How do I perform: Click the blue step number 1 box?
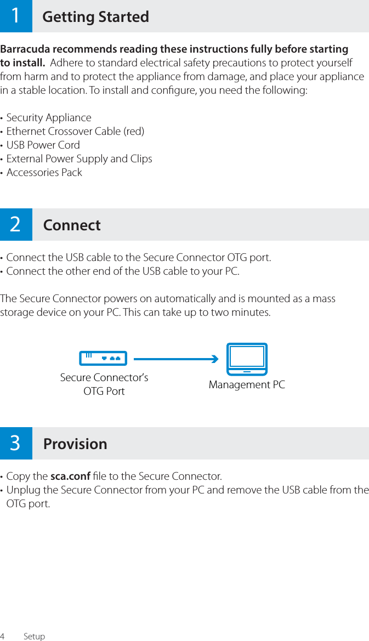click(x=16, y=16)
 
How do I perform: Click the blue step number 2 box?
click(x=16, y=224)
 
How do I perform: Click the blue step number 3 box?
click(x=16, y=443)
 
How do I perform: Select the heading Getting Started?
click(x=95, y=17)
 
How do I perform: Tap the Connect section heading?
click(x=72, y=225)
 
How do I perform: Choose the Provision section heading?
click(x=75, y=444)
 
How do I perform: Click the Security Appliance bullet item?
click(x=49, y=118)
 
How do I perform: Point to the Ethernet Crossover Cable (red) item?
click(x=75, y=132)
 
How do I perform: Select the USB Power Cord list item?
click(x=43, y=145)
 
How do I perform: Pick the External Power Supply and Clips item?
click(x=79, y=159)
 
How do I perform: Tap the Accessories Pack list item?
click(x=44, y=173)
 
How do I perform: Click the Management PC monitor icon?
click(x=247, y=359)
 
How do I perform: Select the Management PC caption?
click(x=247, y=385)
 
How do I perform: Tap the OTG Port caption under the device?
click(x=104, y=392)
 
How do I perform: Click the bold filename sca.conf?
click(x=70, y=475)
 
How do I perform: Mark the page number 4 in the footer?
click(x=3, y=636)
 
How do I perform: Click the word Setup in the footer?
click(x=34, y=636)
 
